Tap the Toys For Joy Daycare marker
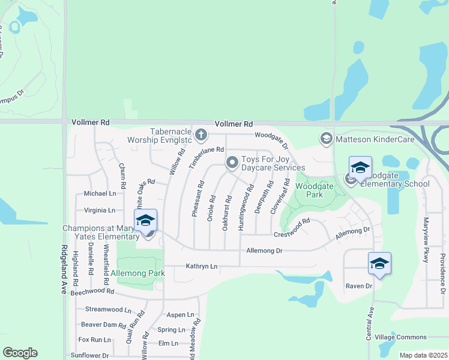point(232,163)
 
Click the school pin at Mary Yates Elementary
point(146,221)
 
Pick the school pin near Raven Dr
point(379,264)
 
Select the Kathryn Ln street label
point(202,266)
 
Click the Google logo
point(20,352)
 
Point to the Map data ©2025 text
point(424,355)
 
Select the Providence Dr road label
point(441,268)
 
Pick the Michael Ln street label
point(100,194)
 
